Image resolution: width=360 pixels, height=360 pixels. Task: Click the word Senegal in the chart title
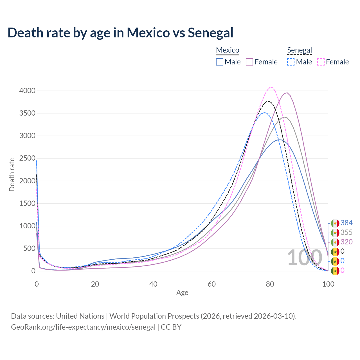210,33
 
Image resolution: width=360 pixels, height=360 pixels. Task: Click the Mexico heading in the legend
228,50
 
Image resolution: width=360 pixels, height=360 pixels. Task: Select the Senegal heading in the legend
300,50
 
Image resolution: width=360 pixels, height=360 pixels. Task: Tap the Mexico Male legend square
220,62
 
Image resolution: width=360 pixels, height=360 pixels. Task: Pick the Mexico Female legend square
249,62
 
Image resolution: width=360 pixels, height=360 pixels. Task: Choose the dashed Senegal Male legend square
291,62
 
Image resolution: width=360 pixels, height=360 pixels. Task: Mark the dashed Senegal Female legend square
321,62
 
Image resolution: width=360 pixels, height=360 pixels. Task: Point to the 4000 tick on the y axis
27,91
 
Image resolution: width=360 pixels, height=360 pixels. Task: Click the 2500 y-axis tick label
27,158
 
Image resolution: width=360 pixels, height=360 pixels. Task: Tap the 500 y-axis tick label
29,248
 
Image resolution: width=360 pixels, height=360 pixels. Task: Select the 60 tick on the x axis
212,284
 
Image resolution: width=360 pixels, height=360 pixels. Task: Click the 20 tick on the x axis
95,284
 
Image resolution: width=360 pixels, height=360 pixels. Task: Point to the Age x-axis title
182,293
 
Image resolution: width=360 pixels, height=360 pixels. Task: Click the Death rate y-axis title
12,175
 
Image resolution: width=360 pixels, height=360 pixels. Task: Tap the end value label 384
346,223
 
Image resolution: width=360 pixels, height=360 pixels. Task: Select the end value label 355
346,233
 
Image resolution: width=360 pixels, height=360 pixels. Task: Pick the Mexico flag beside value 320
335,242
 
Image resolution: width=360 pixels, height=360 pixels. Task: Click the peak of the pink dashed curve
271,87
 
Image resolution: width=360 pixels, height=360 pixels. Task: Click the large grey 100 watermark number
305,258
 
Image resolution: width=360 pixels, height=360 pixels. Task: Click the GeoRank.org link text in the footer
83,327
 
